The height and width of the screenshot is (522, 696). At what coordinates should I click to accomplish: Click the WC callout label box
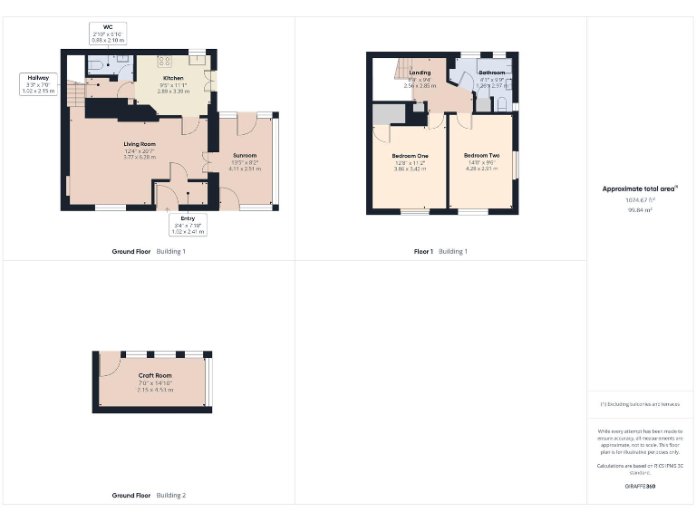click(106, 34)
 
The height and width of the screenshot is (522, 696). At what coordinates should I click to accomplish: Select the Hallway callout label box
click(37, 84)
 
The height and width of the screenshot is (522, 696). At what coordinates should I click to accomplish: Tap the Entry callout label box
click(188, 225)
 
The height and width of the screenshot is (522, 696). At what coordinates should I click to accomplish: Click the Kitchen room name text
click(173, 79)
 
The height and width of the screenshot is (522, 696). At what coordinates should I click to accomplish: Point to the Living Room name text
click(140, 144)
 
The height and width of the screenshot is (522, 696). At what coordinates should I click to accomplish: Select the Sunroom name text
click(245, 156)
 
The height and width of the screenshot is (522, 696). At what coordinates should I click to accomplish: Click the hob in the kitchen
click(166, 62)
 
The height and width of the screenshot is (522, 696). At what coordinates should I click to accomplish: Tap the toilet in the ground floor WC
click(98, 66)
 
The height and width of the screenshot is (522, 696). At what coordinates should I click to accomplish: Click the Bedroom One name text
click(411, 156)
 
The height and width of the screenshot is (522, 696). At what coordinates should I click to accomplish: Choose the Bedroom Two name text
click(481, 156)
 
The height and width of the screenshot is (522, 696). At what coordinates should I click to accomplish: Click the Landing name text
click(420, 72)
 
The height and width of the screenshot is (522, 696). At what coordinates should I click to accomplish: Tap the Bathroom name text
click(492, 72)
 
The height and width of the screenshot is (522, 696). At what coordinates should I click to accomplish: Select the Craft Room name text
click(155, 375)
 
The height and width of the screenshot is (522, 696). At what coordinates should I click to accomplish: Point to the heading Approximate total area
click(640, 188)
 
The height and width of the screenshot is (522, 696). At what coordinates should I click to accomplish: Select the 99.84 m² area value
click(640, 209)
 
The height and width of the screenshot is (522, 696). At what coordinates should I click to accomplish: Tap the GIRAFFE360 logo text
click(639, 488)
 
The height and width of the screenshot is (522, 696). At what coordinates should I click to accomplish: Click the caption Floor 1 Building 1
click(440, 251)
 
